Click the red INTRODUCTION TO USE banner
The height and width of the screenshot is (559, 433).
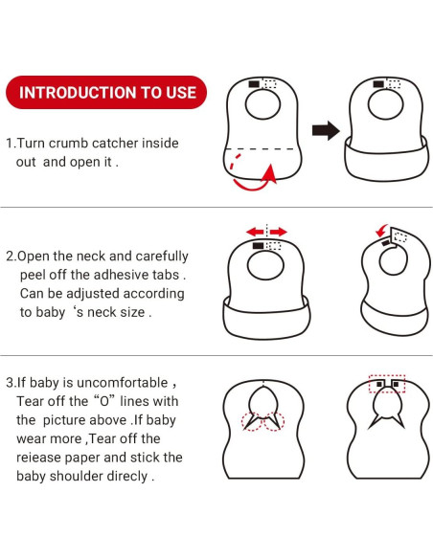click(107, 93)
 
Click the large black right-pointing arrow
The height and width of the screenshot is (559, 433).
click(326, 131)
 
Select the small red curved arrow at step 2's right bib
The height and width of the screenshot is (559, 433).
click(381, 231)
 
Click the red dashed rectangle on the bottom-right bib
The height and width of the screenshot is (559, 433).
click(388, 385)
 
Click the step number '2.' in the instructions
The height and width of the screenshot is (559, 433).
click(11, 257)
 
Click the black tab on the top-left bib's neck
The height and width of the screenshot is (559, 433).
click(254, 84)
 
